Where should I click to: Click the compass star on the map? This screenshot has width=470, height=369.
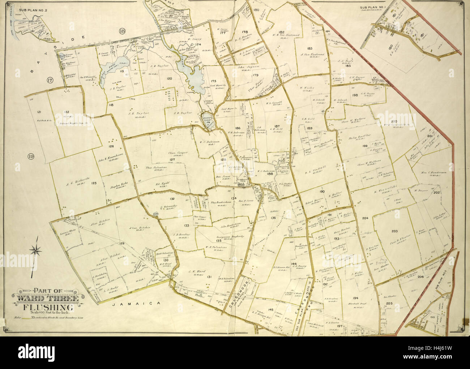click(36, 249)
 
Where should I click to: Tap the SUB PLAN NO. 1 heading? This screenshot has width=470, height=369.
click(372, 7)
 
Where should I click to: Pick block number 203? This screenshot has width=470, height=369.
click(394, 231)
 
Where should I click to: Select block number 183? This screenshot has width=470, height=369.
click(309, 48)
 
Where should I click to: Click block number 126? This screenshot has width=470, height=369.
click(111, 146)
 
